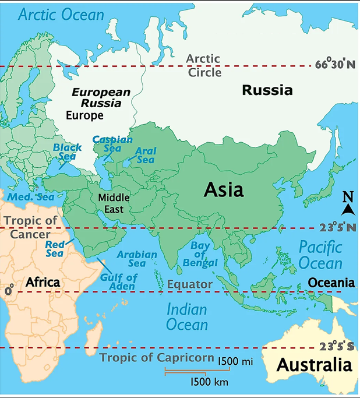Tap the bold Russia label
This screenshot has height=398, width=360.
267,90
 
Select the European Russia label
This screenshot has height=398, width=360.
97,98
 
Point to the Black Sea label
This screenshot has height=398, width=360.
68,152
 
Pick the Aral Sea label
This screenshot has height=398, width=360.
145,155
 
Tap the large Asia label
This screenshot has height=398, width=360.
223,189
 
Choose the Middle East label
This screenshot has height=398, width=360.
114,202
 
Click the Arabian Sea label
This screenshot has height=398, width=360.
137,259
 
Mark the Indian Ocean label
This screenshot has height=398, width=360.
187,316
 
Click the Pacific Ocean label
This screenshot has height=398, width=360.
320,255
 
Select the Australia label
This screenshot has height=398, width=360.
314,365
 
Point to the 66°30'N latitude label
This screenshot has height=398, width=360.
334,64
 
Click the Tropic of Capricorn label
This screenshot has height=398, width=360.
156,357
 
